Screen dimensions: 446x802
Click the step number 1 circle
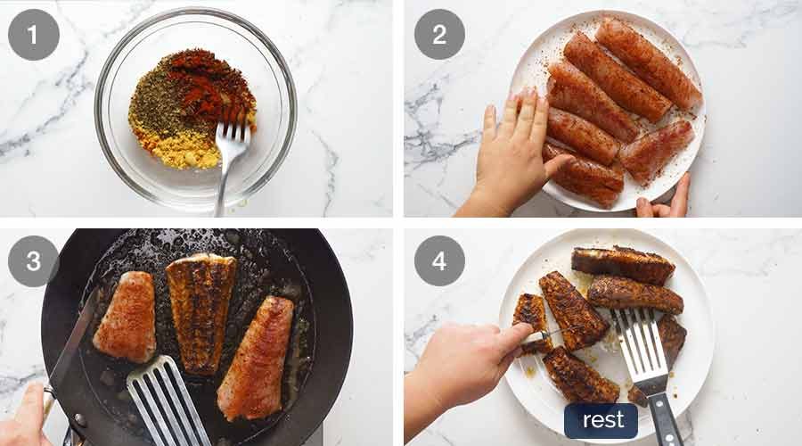click(x=34, y=35)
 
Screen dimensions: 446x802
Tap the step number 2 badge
click(x=439, y=35)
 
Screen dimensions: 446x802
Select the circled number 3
click(x=34, y=261)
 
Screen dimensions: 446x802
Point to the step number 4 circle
click(x=439, y=261)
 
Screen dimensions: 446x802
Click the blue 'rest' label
click(x=601, y=421)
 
